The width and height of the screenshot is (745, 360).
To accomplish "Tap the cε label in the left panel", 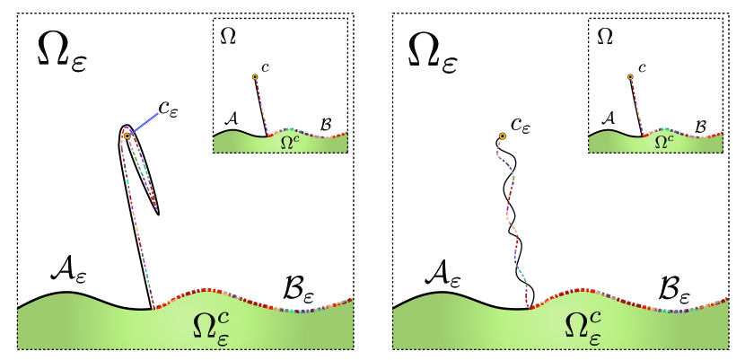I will tap(168, 109).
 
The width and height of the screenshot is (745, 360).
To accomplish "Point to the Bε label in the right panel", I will tap(673, 268).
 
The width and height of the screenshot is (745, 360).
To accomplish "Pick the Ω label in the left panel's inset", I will tap(230, 36).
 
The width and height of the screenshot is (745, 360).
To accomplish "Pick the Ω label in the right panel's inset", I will tap(605, 36).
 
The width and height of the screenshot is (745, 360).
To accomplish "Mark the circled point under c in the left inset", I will tap(256, 78).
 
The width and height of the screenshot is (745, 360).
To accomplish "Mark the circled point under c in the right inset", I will tap(630, 78).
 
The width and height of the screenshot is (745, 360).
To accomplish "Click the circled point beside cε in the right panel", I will tap(503, 136).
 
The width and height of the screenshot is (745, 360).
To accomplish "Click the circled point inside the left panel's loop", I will tap(128, 136).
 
